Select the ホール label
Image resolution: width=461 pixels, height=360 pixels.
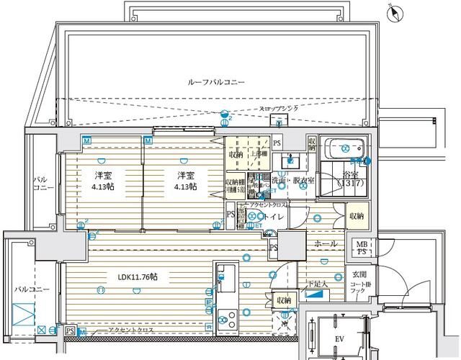point(325,244)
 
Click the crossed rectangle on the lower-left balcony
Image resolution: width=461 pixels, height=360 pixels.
point(24,314)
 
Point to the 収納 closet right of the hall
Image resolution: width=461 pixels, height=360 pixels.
point(357,215)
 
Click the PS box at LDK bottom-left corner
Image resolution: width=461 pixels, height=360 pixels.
point(70,330)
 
